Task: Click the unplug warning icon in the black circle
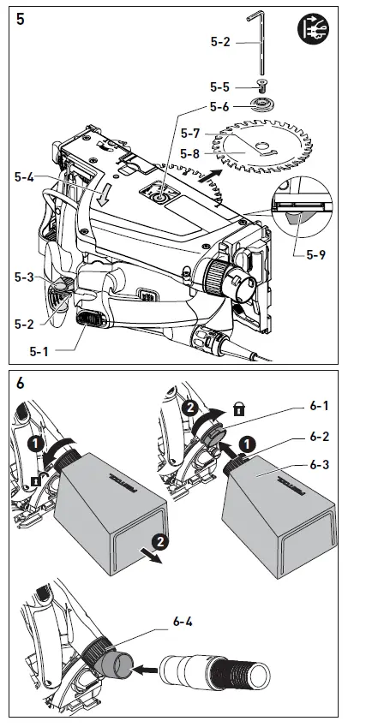click(313, 29)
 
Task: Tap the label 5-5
click(219, 86)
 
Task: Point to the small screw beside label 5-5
click(261, 86)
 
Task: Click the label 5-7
click(190, 134)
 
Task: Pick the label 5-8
click(189, 153)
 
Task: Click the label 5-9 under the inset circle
click(316, 254)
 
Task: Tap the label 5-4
click(24, 176)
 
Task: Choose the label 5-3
click(24, 277)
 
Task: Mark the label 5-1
click(39, 351)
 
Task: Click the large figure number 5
click(21, 20)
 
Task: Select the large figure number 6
click(21, 384)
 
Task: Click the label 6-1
click(319, 406)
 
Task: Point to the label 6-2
click(319, 437)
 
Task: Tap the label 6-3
click(319, 464)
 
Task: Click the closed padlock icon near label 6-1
click(239, 410)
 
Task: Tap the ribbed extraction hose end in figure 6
click(240, 670)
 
